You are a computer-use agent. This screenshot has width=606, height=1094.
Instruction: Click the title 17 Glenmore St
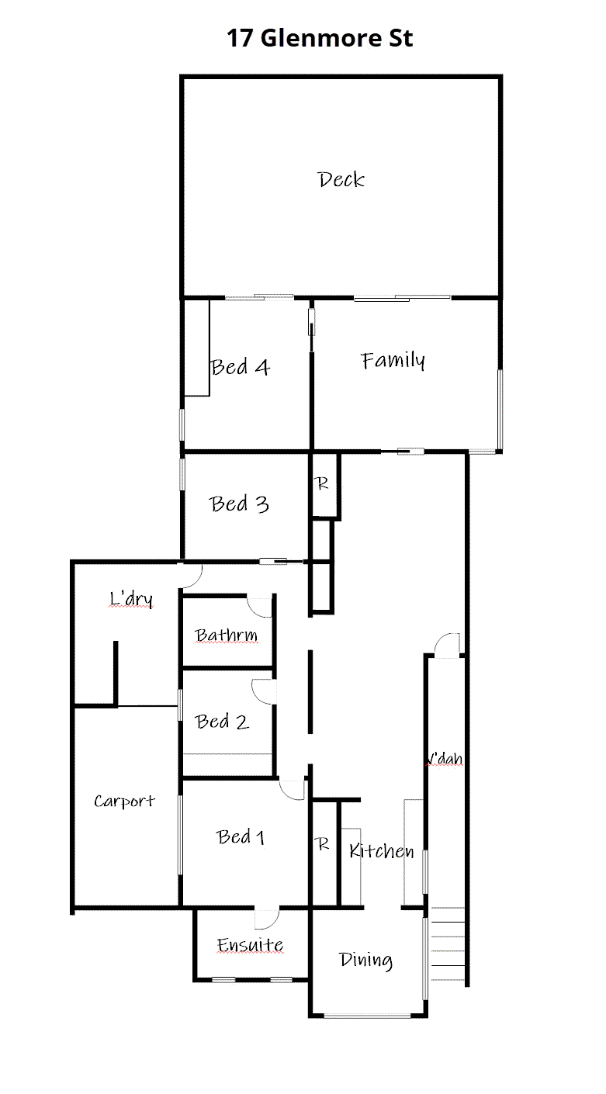tap(320, 38)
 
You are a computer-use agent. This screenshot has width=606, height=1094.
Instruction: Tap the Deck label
tap(341, 180)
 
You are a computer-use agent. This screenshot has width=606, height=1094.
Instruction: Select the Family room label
tap(393, 361)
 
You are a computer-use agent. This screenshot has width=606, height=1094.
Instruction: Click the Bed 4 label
tap(241, 367)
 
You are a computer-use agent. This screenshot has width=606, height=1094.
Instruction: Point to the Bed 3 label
tap(240, 504)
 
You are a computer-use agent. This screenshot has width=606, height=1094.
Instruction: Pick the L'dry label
tap(130, 599)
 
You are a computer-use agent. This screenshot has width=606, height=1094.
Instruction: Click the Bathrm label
tap(226, 636)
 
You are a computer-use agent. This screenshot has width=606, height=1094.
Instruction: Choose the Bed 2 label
tap(223, 722)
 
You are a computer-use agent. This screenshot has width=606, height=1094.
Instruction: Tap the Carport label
tap(124, 801)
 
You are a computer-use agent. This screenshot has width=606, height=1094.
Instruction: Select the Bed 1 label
tap(241, 837)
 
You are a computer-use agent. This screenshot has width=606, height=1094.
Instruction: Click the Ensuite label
tap(250, 946)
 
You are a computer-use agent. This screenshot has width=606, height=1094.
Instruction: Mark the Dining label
tap(365, 961)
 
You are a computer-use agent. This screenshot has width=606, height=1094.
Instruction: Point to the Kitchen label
tap(381, 851)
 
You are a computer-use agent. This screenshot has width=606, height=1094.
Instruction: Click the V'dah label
tap(446, 759)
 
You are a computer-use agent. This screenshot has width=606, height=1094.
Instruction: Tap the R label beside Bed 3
tap(322, 484)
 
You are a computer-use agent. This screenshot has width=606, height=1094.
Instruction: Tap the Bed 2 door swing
tap(262, 689)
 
